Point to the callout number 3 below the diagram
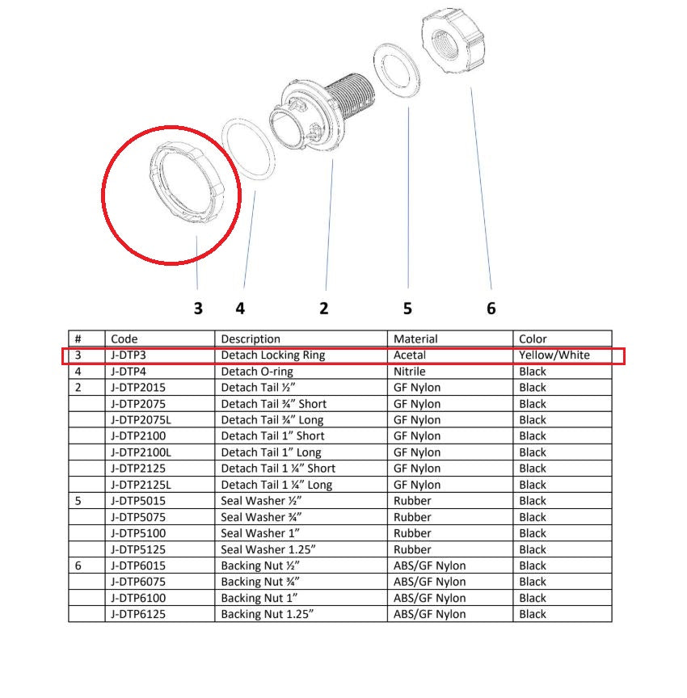197,308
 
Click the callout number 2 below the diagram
324,308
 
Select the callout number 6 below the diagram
491,308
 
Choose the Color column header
533,339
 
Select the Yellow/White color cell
554,355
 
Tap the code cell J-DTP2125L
141,485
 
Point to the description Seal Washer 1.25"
267,549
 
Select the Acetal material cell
410,355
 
